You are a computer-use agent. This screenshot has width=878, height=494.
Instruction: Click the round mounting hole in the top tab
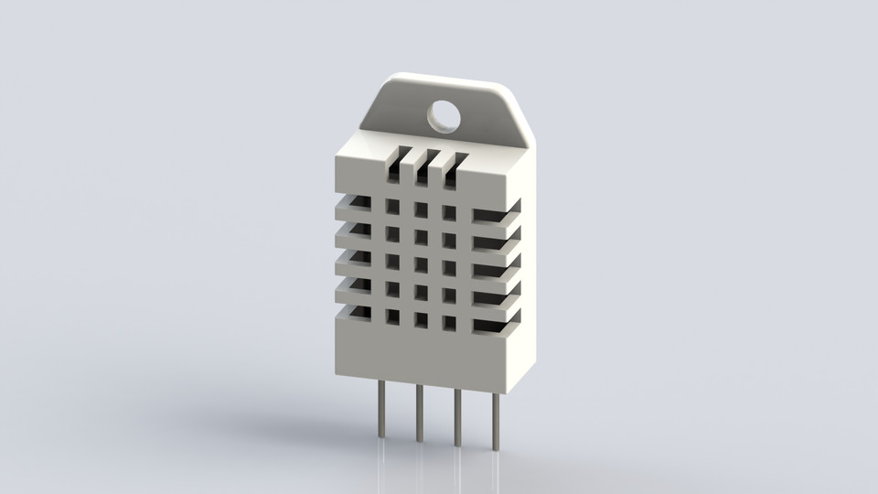tap(444, 114)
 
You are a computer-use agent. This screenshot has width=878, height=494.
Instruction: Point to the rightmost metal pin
tap(496, 421)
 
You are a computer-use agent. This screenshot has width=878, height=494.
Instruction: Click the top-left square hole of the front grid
tap(393, 207)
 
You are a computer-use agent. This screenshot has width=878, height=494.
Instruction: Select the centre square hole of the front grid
tap(421, 264)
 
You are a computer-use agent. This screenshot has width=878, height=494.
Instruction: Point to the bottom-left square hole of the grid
tap(393, 317)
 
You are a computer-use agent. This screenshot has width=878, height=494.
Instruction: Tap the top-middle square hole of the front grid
tap(421, 209)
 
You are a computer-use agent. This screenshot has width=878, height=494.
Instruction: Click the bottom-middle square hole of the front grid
tap(421, 319)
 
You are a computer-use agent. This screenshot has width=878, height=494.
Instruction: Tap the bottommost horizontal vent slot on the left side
tap(359, 314)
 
